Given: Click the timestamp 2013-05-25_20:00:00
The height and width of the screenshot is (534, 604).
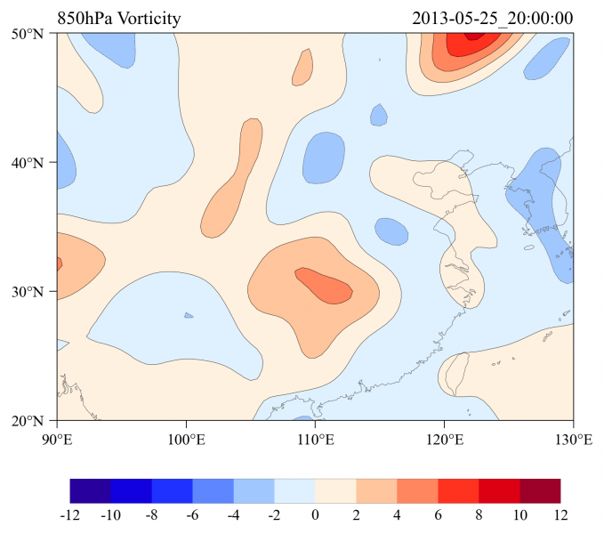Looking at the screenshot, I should coord(493,19).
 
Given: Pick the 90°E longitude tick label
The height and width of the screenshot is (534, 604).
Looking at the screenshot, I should coord(57,439).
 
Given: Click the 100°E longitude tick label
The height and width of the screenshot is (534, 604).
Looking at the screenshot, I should coord(186,439).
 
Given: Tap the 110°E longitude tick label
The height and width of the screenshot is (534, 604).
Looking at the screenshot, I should coord(315,439).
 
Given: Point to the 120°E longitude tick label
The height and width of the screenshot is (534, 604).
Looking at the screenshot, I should coord(444,439).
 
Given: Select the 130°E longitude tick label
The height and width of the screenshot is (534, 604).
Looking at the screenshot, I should coord(573,439).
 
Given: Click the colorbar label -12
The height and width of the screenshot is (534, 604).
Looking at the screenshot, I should coord(70,514).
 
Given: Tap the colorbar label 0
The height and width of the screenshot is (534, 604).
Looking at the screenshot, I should coord(316,514).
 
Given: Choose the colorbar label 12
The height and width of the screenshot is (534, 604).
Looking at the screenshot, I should coord(561,514).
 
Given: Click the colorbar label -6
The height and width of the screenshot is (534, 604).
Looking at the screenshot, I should coord(193,514).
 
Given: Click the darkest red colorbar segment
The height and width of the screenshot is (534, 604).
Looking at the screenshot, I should coord(541,490).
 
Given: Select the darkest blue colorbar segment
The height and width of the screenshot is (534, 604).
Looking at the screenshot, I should coord(91,490).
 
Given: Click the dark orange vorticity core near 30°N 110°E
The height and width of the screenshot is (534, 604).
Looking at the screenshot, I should coord(323,286).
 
